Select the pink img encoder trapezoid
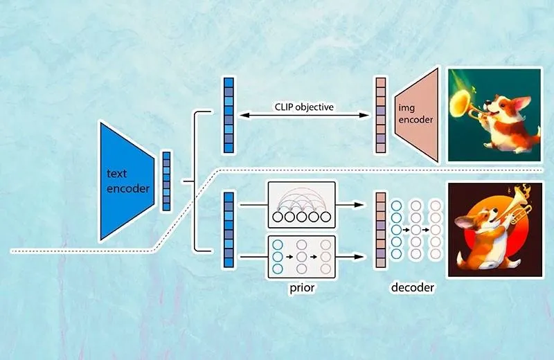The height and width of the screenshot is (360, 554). (x=417, y=115)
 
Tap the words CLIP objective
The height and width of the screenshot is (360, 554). (x=304, y=107)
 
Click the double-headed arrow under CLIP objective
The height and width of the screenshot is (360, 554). (x=304, y=115)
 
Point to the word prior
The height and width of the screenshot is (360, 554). (x=302, y=287)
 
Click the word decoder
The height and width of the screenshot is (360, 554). (x=412, y=287)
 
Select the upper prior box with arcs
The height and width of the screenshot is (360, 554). (x=301, y=204)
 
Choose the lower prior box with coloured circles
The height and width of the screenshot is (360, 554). (x=301, y=257)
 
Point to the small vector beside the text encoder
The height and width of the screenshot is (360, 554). (x=166, y=181)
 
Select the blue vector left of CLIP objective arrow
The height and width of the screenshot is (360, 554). (x=229, y=115)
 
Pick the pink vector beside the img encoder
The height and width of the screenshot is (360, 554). (x=380, y=115)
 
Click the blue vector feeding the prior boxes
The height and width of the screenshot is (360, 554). (x=229, y=230)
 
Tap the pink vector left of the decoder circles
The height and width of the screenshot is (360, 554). (x=380, y=230)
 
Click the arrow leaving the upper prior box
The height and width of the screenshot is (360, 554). (x=350, y=204)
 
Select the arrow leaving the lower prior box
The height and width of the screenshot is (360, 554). (x=350, y=257)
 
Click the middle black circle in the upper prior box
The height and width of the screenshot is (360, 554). (x=301, y=217)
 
